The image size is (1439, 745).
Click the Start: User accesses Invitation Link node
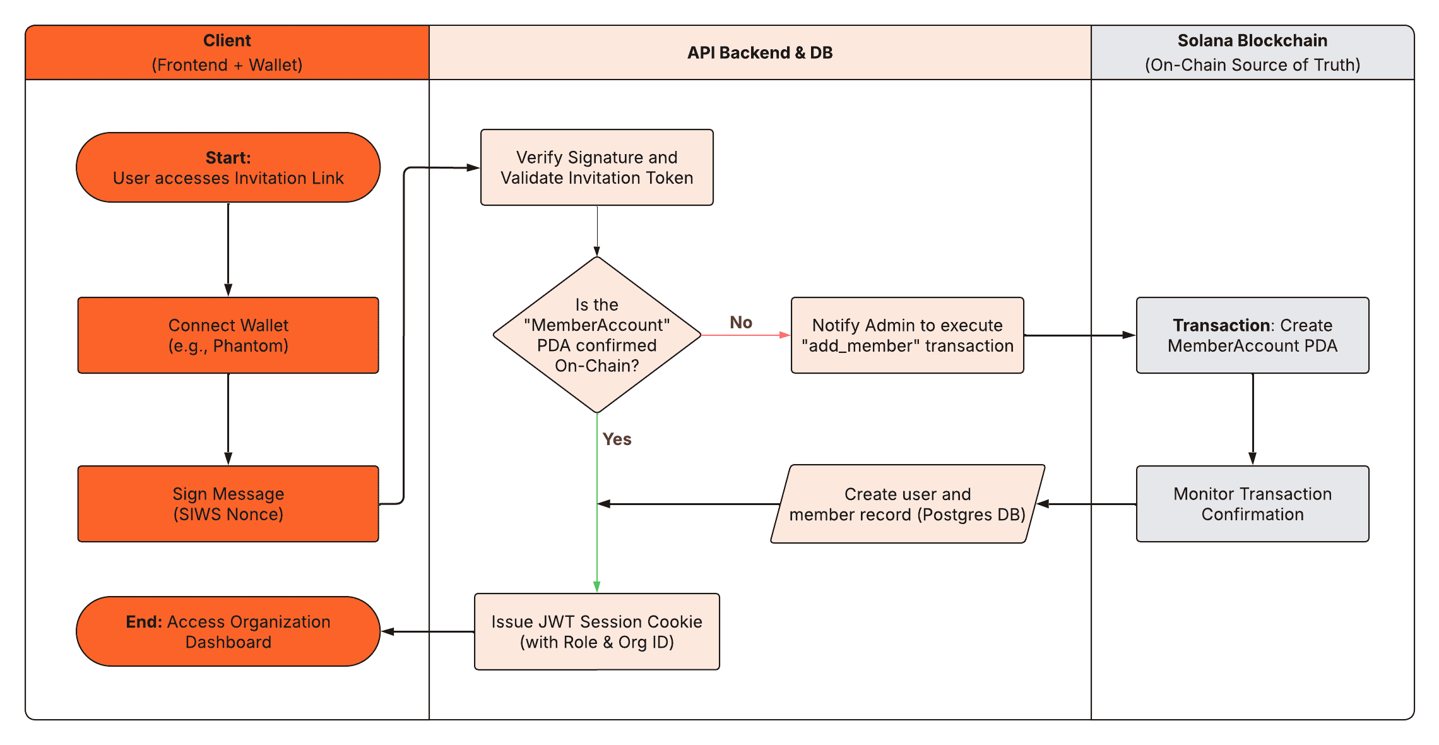click(x=228, y=167)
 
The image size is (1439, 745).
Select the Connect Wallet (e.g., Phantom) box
click(x=228, y=335)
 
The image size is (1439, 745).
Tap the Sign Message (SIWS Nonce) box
click(x=228, y=504)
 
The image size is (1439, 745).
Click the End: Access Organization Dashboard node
click(x=228, y=631)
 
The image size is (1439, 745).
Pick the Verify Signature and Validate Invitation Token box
click(x=596, y=167)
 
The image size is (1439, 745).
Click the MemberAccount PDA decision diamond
click(x=596, y=335)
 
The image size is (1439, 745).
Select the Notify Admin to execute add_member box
click(x=907, y=335)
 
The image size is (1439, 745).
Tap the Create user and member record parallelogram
click(x=907, y=504)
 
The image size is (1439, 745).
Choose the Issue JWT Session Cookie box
click(x=596, y=631)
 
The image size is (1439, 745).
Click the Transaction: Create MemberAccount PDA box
click(x=1252, y=335)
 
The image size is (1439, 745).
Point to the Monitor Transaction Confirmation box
click(x=1252, y=504)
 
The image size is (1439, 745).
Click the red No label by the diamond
click(x=741, y=323)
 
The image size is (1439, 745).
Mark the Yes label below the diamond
click(x=617, y=439)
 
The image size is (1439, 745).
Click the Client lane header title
click(x=227, y=40)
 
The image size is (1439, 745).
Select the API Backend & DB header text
click(x=760, y=52)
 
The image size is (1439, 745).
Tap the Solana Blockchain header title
click(x=1252, y=40)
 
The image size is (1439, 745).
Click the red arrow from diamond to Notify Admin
click(x=745, y=335)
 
